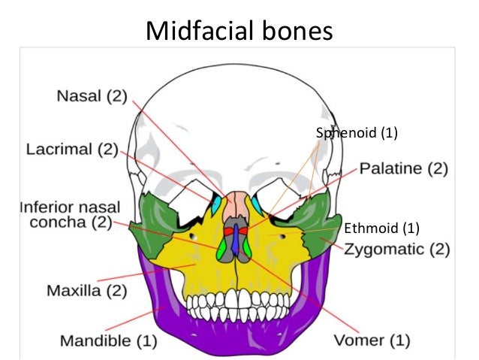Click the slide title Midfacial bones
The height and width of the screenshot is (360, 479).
click(x=239, y=31)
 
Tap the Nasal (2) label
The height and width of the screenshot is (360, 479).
click(x=92, y=97)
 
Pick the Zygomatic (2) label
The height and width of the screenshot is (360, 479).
click(x=397, y=247)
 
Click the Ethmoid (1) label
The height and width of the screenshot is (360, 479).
click(x=381, y=227)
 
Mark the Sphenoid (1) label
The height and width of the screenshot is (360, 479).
click(x=356, y=134)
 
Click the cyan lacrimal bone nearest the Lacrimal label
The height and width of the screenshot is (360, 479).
click(x=218, y=204)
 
